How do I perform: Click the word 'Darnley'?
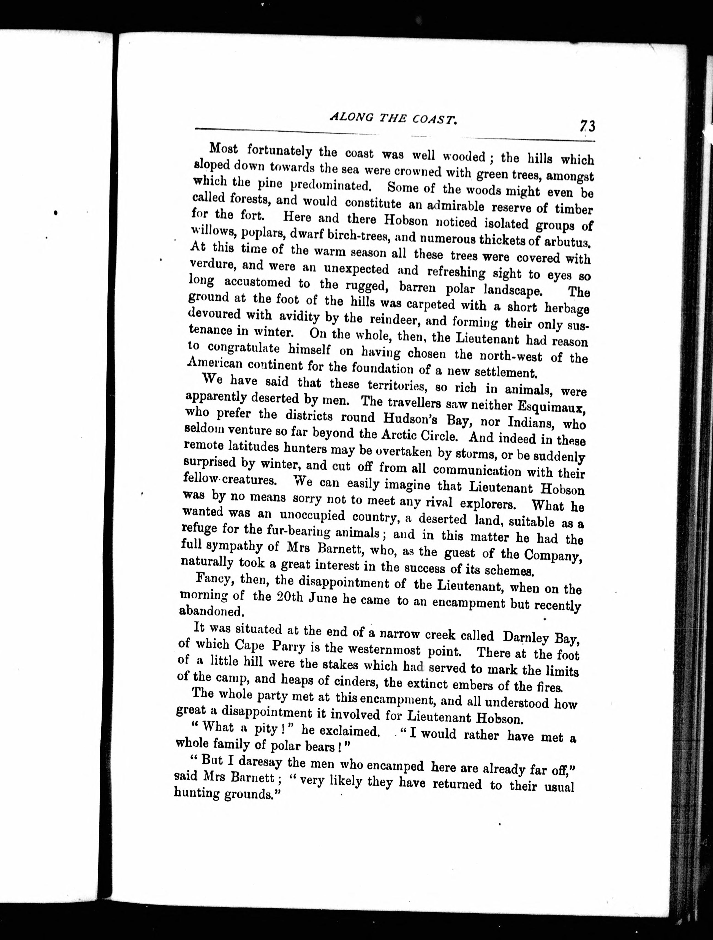point(525,637)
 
